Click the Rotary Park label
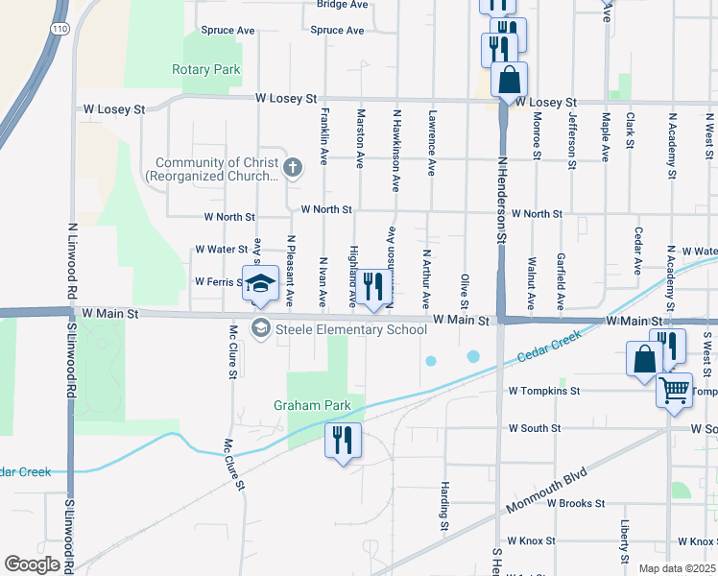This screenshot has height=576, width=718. pyautogui.click(x=205, y=70)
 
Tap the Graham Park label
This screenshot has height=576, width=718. pyautogui.click(x=308, y=405)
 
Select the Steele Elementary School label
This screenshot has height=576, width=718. pyautogui.click(x=350, y=330)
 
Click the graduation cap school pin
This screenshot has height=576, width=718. pyautogui.click(x=259, y=283)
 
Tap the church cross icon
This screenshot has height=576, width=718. pyautogui.click(x=293, y=170)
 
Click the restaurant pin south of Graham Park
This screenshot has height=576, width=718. pyautogui.click(x=342, y=441)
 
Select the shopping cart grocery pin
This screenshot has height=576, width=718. pyautogui.click(x=675, y=391)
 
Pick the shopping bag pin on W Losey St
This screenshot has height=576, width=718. pyautogui.click(x=509, y=80)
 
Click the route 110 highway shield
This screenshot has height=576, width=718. pyautogui.click(x=60, y=29)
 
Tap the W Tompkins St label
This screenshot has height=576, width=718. pyautogui.click(x=544, y=391)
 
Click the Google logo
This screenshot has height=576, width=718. pyautogui.click(x=32, y=564)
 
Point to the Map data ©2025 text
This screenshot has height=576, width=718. pyautogui.click(x=676, y=568)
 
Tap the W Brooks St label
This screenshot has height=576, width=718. pyautogui.click(x=575, y=503)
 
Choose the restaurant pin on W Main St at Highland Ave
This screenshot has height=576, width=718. pyautogui.click(x=373, y=285)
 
